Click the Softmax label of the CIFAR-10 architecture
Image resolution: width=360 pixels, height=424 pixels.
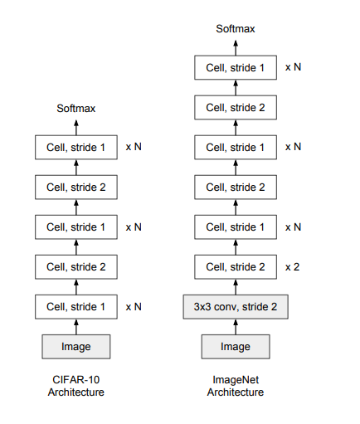tap(76, 109)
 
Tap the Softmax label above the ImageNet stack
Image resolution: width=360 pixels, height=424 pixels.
tap(236, 29)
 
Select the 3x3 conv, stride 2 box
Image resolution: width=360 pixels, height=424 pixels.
tap(236, 307)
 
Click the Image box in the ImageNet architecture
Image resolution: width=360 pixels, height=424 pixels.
tap(236, 347)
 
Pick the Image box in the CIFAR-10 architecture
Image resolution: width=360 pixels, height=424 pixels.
tap(76, 347)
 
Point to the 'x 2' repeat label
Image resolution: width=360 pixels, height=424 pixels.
tap(292, 267)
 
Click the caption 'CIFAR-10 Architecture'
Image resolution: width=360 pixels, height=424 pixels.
tap(76, 386)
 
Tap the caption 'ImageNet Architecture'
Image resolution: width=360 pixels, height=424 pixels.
tap(236, 386)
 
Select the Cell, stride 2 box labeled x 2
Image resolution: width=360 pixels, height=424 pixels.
tap(236, 267)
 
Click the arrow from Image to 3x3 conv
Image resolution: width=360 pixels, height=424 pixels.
tap(236, 327)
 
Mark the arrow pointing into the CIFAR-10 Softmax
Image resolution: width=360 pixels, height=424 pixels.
tap(76, 128)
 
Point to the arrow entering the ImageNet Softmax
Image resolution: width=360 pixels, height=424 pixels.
tap(236, 48)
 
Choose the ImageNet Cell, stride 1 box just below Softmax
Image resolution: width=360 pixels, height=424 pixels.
tap(236, 67)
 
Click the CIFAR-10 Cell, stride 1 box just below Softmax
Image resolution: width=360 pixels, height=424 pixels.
tap(76, 147)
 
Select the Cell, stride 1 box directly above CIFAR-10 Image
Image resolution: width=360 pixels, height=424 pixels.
tap(76, 307)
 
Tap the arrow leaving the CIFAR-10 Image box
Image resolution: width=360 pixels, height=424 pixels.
tap(76, 327)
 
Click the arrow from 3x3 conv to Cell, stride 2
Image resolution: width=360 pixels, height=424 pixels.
tap(236, 287)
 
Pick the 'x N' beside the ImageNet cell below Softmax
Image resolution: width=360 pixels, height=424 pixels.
tap(293, 67)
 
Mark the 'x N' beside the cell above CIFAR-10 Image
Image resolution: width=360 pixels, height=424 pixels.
tap(134, 307)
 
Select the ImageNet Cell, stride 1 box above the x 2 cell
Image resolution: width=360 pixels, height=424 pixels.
tap(236, 227)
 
